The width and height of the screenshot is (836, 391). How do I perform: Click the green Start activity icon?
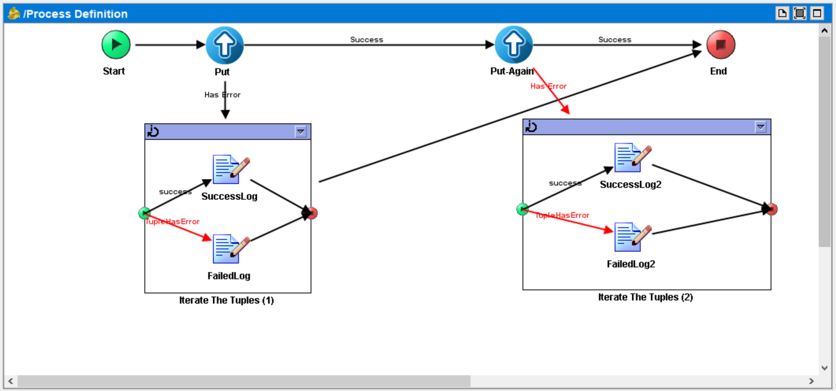116,45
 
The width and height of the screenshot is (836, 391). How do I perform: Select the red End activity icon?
720,45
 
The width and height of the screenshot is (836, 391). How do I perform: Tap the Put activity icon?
225,45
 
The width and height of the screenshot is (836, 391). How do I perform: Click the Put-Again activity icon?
514,45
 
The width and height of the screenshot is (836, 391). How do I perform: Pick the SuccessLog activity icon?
230,170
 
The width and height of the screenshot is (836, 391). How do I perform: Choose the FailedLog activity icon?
230,249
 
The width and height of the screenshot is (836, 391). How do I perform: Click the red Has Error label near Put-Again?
548,86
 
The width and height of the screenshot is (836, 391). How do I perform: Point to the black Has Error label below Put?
222,95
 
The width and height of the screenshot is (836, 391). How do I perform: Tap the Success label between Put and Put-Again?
367,39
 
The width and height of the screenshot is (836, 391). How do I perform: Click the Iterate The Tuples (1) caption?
226,300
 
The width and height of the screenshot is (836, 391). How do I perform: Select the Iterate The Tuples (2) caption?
645,297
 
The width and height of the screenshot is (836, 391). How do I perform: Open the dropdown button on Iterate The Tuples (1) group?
300,132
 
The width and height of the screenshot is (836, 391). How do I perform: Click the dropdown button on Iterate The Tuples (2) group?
760,127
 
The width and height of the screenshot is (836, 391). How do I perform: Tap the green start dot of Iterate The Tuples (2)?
522,209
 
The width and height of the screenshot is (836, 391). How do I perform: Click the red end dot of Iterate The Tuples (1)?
312,213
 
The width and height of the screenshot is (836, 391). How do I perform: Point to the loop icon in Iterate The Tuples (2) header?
531,126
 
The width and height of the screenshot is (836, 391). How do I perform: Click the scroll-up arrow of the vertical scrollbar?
824,31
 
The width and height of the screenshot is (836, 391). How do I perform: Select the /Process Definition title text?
75,14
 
